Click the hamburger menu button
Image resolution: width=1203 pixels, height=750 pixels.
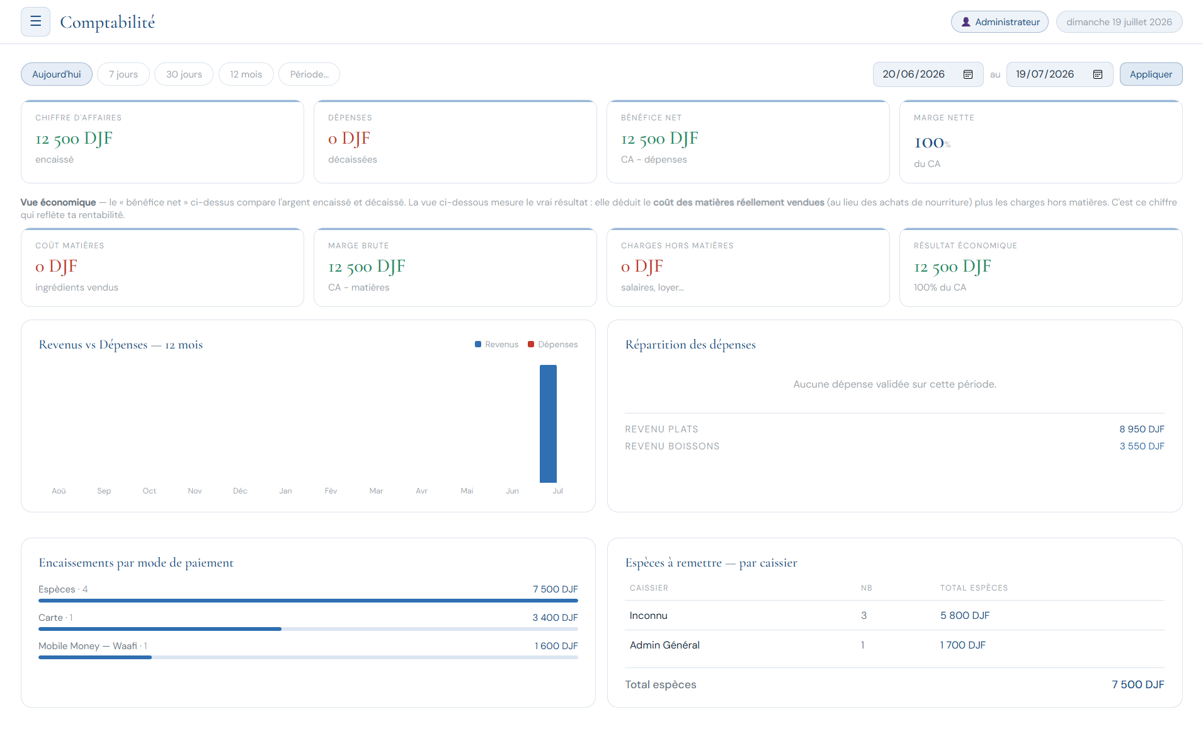[35, 21]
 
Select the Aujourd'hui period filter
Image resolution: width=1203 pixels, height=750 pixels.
[57, 74]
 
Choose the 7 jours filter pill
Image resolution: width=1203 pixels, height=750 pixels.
[123, 74]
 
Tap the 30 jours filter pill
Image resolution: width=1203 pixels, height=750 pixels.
[184, 74]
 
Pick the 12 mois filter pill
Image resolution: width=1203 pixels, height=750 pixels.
[246, 74]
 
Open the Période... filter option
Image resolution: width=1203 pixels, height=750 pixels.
[309, 74]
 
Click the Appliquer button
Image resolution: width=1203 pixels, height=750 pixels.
[1151, 74]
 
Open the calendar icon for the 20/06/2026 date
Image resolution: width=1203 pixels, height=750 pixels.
[968, 74]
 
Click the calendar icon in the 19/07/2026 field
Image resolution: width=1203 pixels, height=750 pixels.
[1098, 74]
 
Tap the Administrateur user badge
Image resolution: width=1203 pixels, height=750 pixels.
[1000, 22]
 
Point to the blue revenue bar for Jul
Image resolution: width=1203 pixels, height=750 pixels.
[548, 424]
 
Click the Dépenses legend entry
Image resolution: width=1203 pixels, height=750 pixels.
[552, 344]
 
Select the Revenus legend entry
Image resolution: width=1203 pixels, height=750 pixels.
[496, 344]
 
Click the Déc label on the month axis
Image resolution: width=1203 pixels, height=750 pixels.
[240, 491]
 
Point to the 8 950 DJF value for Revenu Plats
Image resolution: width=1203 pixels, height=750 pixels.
[1142, 429]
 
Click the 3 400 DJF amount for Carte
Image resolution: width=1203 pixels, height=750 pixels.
[555, 618]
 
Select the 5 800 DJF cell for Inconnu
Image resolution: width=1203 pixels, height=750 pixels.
[965, 616]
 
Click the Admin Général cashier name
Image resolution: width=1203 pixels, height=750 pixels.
[664, 645]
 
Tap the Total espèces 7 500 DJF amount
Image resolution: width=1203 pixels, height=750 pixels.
[1138, 684]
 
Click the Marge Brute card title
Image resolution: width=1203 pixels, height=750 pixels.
[358, 246]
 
